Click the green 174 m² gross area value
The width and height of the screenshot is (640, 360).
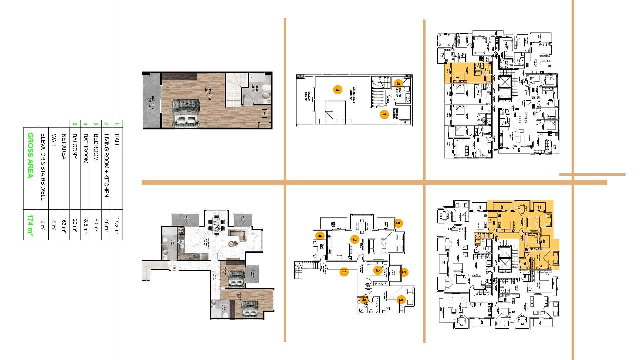[x=30, y=225]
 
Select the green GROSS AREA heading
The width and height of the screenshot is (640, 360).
[x=30, y=156]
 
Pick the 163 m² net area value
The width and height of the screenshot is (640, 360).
[x=64, y=225]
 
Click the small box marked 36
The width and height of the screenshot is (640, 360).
[x=265, y=113]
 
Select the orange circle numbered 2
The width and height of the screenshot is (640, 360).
[x=355, y=239]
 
